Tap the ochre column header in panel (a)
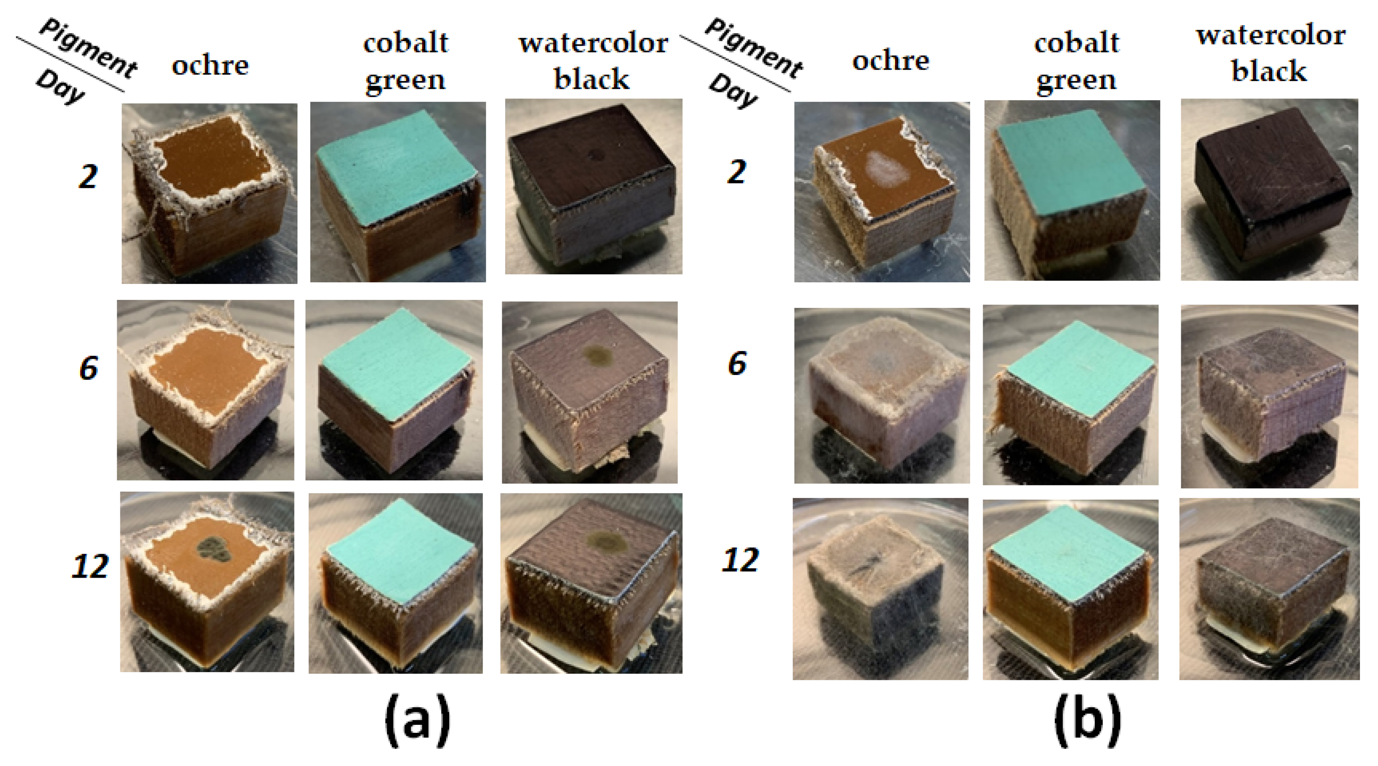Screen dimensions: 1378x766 pos(210,66)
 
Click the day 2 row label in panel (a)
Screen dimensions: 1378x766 pos(88,177)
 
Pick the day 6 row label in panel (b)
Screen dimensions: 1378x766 pos(737,364)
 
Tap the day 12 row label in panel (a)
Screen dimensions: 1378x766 pos(90,566)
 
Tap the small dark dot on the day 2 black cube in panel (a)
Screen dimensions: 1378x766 pos(595,156)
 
